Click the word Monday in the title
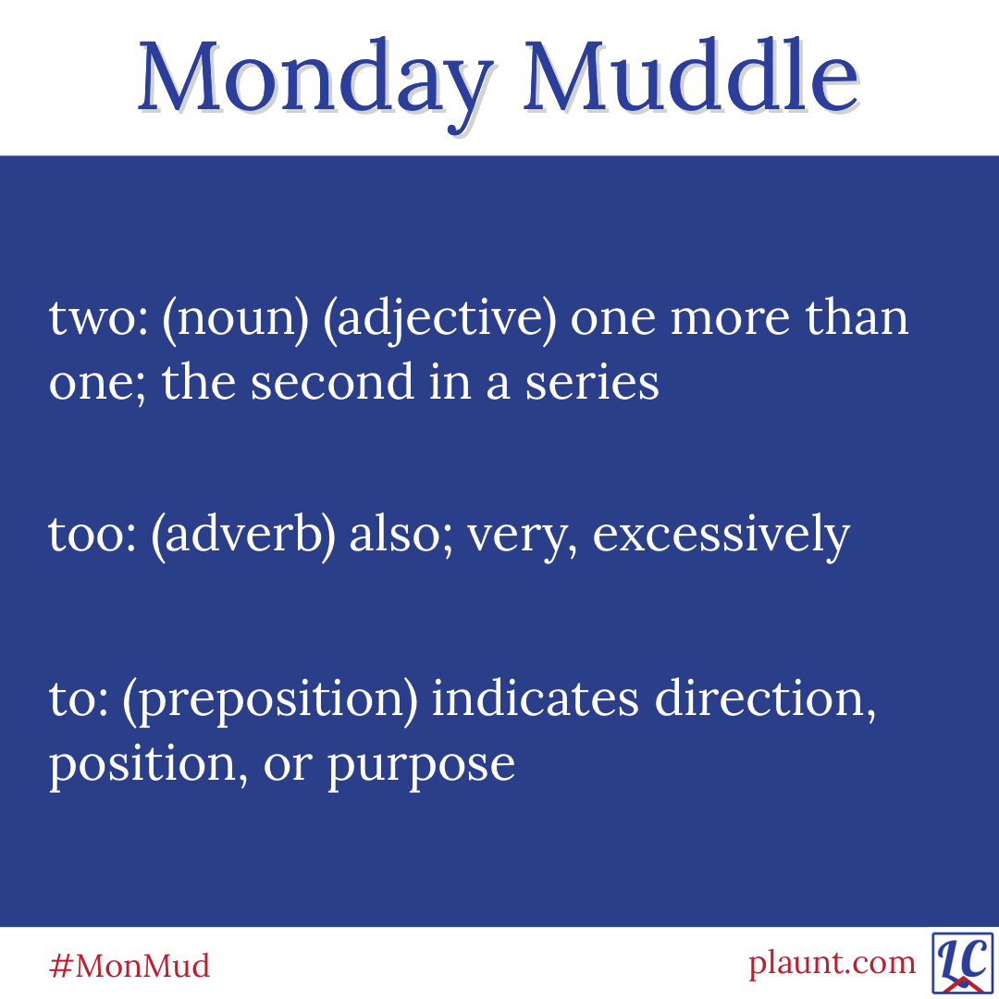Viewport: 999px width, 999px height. coord(315,84)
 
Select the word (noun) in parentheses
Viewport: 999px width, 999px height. coord(236,319)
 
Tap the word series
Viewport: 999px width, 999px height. coord(592,382)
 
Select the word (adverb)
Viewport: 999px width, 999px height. coord(242,536)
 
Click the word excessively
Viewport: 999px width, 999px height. coord(721,536)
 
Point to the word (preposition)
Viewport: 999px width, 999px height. coord(270,701)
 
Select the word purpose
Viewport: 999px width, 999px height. coord(421,766)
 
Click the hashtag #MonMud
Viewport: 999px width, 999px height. coord(129,966)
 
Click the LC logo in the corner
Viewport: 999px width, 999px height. coord(963,963)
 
